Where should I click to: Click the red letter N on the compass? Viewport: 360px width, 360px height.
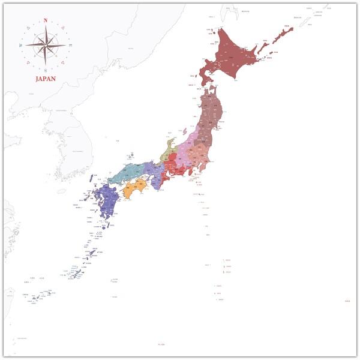point(46,20)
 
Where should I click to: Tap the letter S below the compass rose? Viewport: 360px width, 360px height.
point(46,70)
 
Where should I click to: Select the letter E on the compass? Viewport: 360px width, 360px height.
point(70,46)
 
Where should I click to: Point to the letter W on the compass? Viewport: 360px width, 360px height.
point(21,46)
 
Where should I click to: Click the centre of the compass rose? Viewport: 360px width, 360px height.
point(46,45)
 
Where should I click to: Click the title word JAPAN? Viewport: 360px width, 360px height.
point(46,79)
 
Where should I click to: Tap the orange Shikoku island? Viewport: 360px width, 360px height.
point(136,188)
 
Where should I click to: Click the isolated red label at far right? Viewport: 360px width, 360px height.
point(347,301)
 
